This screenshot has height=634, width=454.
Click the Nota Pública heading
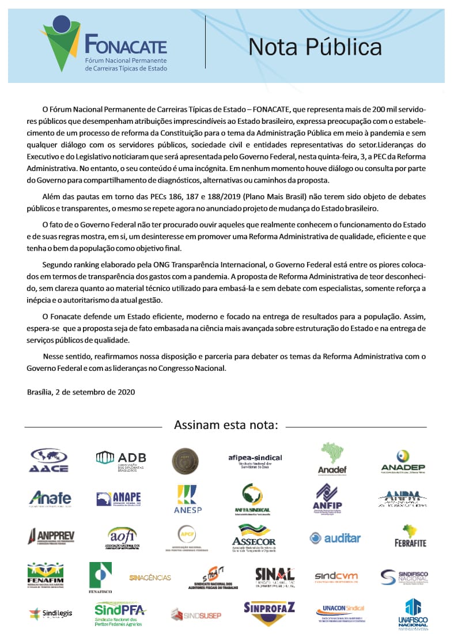click(315, 46)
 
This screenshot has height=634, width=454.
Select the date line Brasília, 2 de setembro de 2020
click(81, 392)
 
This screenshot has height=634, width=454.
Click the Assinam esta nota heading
click(226, 426)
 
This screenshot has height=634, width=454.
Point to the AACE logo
click(48, 460)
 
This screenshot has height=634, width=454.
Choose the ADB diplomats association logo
click(121, 460)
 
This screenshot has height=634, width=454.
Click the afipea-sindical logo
click(255, 461)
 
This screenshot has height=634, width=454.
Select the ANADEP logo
click(403, 460)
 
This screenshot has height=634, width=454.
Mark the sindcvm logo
click(336, 576)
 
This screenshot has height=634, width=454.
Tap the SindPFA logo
click(120, 613)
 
